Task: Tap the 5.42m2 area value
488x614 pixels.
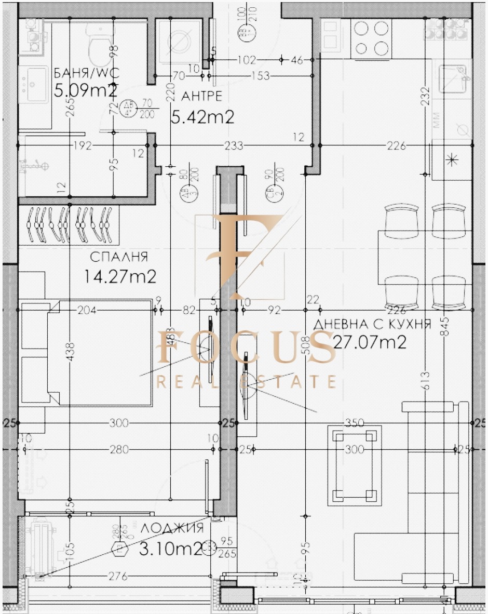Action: pyautogui.click(x=202, y=117)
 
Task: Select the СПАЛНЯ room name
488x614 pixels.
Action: pyautogui.click(x=119, y=257)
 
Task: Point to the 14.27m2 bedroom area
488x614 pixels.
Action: pyautogui.click(x=120, y=276)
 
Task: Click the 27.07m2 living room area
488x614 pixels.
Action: pyautogui.click(x=369, y=343)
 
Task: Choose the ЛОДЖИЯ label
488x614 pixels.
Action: pyautogui.click(x=172, y=528)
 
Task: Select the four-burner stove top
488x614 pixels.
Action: pyautogui.click(x=371, y=38)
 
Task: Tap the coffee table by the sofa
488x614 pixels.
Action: pyautogui.click(x=355, y=465)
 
